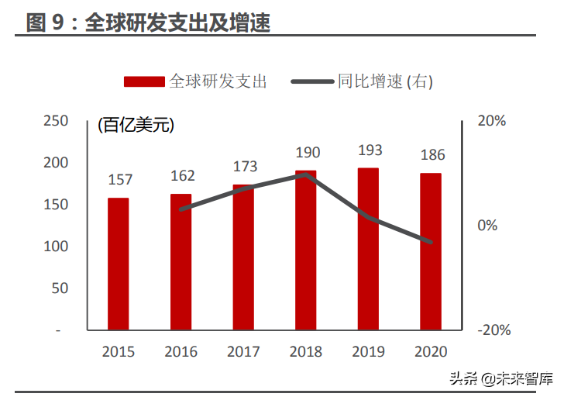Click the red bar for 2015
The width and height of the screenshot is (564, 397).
click(x=118, y=264)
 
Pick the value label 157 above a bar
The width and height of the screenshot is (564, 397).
click(x=120, y=180)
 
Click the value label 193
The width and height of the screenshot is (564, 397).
click(x=370, y=150)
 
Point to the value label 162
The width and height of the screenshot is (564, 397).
click(x=182, y=176)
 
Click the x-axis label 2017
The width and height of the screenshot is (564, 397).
click(x=243, y=351)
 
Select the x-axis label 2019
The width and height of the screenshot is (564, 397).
click(x=369, y=351)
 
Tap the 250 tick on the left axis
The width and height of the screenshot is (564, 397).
click(x=56, y=121)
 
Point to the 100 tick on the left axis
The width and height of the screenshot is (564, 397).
click(x=56, y=246)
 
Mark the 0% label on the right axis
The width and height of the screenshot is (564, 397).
click(x=487, y=226)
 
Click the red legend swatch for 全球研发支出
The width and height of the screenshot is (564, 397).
click(x=144, y=81)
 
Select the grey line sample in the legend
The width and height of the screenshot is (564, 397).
click(x=312, y=81)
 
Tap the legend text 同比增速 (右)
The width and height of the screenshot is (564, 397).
click(x=385, y=81)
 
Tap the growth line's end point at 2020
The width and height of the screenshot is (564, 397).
click(x=430, y=242)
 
